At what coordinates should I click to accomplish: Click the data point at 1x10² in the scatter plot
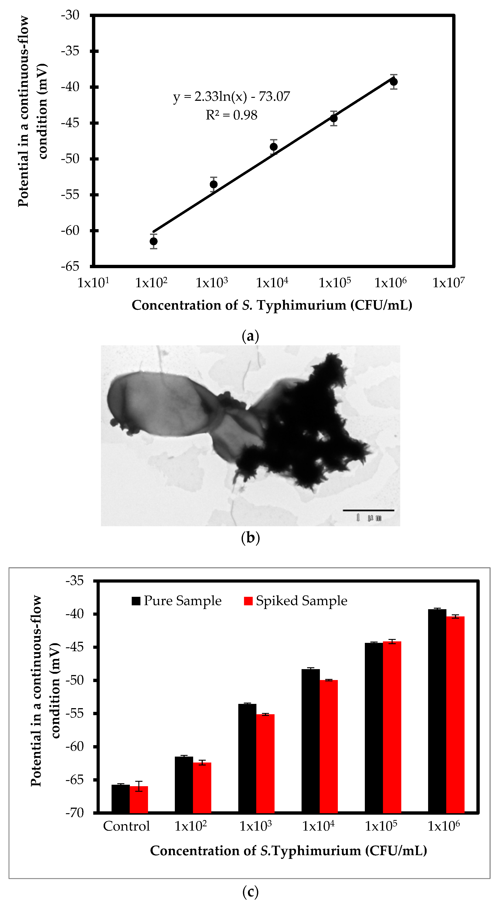point(153,241)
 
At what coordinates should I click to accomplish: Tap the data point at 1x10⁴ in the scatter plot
point(273,147)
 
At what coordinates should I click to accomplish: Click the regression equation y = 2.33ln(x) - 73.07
point(232,97)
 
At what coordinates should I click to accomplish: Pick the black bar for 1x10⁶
point(437,711)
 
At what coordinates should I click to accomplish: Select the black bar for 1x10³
point(247,758)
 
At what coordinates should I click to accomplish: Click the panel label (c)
point(250,891)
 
